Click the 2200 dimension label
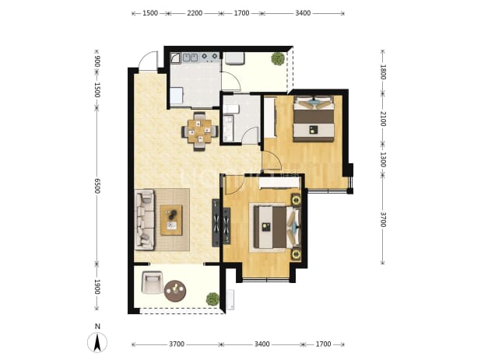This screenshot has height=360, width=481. (x=195, y=13)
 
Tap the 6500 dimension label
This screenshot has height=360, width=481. (x=97, y=185)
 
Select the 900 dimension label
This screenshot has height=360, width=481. (x=97, y=61)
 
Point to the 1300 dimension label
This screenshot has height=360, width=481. (x=383, y=159)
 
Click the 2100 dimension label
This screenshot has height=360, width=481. (x=383, y=119)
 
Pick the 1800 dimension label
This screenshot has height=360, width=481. (x=383, y=72)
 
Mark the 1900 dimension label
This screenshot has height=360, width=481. (x=97, y=287)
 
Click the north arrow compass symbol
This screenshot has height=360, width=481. (x=97, y=342)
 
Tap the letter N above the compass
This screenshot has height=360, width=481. (x=97, y=327)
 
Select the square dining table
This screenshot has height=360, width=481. (x=200, y=131)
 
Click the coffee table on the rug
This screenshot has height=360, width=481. (x=171, y=220)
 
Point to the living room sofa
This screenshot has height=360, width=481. (x=145, y=220)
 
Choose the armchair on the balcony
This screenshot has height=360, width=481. (x=152, y=282)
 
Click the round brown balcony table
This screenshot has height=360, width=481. (x=175, y=291)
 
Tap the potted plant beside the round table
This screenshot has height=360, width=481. (x=212, y=299)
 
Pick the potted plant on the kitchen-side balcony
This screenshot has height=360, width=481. (x=278, y=59)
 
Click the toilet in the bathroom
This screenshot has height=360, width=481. (x=230, y=109)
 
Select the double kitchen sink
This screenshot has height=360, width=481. (x=191, y=58)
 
